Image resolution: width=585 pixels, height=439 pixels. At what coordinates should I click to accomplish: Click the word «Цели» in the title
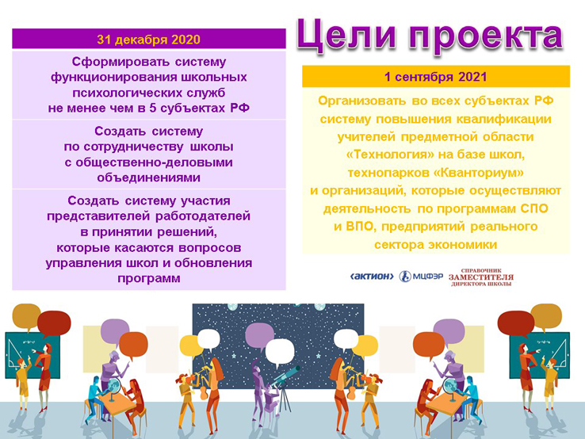point(346,35)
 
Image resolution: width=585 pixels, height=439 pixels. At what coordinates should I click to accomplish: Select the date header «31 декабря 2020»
point(148,40)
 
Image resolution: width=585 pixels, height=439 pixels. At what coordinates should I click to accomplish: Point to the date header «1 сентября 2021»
point(436,77)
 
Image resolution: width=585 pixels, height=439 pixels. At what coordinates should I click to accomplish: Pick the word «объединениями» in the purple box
point(148,178)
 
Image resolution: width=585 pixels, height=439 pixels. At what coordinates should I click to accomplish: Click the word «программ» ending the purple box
point(149,278)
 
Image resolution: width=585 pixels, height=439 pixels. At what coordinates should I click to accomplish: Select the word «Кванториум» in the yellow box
point(479,173)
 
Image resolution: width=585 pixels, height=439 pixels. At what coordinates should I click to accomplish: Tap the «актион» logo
point(372,277)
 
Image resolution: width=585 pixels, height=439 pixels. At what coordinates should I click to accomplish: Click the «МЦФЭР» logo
point(421,277)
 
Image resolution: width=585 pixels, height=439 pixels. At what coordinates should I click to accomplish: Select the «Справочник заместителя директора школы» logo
point(481,277)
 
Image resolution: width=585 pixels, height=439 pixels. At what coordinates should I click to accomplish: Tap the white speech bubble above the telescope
point(280,352)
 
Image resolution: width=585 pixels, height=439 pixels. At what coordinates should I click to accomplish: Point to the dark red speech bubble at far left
point(54,323)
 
